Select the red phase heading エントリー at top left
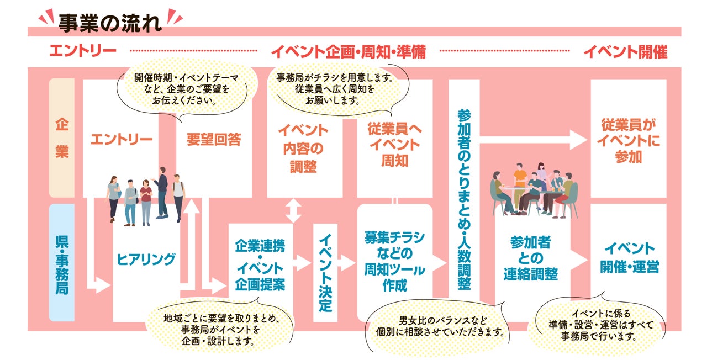click(82, 52)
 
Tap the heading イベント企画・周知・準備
click(348, 52)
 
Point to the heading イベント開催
click(625, 52)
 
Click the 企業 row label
click(62, 138)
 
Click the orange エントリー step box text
click(121, 139)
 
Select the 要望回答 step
click(214, 139)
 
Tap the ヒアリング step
click(146, 259)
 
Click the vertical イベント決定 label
click(325, 272)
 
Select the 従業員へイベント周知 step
click(394, 145)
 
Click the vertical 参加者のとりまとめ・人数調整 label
click(464, 199)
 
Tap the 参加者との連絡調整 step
click(531, 258)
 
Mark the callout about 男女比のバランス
click(436, 326)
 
